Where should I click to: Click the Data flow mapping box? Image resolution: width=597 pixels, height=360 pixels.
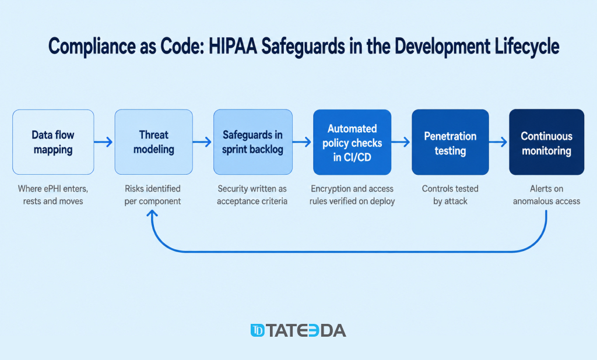click(53, 142)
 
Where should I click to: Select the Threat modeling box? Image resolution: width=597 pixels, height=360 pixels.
click(154, 142)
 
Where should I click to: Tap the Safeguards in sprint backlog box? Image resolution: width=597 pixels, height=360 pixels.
click(253, 142)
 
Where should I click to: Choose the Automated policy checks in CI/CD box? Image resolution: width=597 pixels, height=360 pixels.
click(352, 142)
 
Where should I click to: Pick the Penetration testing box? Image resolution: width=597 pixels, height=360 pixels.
click(451, 142)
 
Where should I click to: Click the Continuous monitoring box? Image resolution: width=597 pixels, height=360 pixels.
click(547, 142)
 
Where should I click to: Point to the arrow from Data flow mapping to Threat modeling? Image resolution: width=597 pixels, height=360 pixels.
click(104, 142)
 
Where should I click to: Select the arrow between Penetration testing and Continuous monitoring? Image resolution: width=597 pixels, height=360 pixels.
click(498, 142)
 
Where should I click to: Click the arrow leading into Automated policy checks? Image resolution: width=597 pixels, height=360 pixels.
click(303, 142)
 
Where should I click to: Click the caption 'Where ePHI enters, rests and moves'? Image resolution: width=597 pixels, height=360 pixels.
click(53, 195)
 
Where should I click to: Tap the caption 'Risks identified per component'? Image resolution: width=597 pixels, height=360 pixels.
click(153, 195)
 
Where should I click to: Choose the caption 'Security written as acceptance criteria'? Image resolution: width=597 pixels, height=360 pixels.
click(252, 195)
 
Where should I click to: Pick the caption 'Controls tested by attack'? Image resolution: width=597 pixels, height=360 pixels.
click(451, 195)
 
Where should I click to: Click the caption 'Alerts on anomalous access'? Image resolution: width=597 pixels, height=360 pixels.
click(547, 195)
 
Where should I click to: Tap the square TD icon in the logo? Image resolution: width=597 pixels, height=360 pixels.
click(257, 330)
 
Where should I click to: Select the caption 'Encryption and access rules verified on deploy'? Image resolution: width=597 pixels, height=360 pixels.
click(352, 195)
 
